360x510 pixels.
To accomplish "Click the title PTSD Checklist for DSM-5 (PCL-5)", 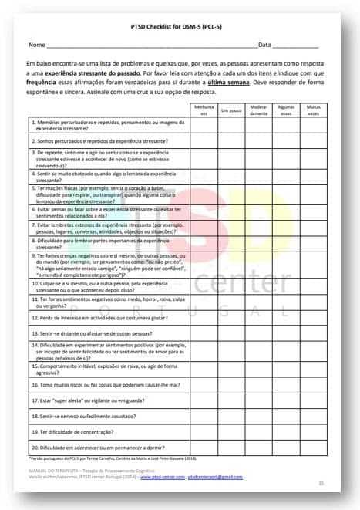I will (x=180, y=25).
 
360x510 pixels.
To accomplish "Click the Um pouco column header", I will (x=230, y=110).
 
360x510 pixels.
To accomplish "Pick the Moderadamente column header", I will (x=258, y=110).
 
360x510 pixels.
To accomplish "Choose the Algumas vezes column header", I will (x=285, y=110).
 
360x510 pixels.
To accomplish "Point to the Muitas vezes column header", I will (x=313, y=110).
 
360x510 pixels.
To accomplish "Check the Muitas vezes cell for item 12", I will (x=313, y=316).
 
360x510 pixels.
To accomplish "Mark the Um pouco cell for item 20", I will (x=230, y=447).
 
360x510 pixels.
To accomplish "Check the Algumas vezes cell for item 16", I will (x=285, y=383).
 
